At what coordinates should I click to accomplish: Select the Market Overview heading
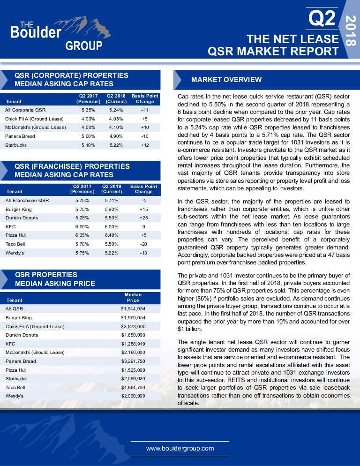(x=226, y=80)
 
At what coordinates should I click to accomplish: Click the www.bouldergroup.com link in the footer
(x=180, y=448)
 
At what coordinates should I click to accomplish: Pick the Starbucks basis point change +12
(x=145, y=145)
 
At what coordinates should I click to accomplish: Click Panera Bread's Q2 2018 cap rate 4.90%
(x=116, y=136)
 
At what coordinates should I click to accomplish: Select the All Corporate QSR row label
(x=25, y=110)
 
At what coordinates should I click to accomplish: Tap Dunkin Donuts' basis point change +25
(x=143, y=218)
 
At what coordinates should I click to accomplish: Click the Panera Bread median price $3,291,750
(x=133, y=361)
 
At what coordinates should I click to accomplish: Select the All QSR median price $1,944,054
(x=133, y=308)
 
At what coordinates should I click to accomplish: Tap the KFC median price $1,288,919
(x=133, y=344)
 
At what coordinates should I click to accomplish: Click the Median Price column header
(x=133, y=297)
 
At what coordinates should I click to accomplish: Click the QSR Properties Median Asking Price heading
(x=55, y=279)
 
